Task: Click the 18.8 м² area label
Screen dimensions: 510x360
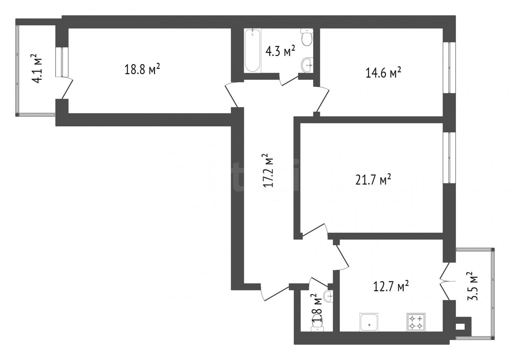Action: [142, 69]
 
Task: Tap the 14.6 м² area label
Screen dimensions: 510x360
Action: [383, 72]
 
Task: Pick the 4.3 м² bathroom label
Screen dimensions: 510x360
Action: [280, 51]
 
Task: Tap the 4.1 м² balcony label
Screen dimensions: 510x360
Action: [37, 68]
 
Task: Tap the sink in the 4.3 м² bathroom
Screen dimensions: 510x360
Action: [307, 65]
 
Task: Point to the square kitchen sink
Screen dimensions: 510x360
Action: [369, 322]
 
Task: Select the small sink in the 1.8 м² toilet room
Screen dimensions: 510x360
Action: [329, 296]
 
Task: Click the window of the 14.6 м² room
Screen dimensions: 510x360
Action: [449, 68]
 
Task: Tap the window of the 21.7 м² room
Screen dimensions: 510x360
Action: [449, 158]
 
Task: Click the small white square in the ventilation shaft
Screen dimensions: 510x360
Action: [460, 327]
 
